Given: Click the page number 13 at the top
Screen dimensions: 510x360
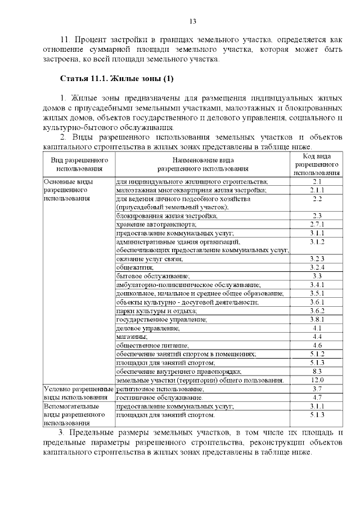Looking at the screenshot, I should [192, 21].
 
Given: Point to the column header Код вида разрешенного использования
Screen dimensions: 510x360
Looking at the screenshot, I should [317, 164].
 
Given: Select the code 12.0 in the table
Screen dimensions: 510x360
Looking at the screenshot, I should [317, 380].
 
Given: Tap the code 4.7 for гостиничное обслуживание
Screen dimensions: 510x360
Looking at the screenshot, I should [317, 397].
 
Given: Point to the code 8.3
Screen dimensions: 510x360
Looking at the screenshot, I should [317, 372].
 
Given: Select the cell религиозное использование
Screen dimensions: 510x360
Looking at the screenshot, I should [160, 389].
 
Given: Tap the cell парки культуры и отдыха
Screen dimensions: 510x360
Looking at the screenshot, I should [156, 311].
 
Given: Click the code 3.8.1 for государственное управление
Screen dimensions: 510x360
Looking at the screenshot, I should [317, 319].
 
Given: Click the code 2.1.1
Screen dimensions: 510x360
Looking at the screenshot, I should [317, 190].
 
